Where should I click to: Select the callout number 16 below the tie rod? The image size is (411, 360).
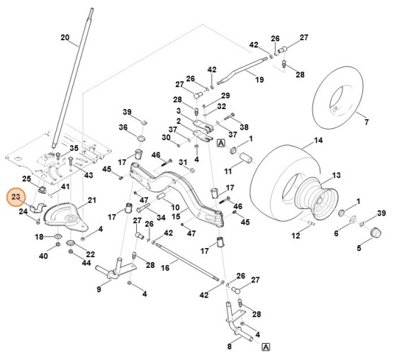tap(164, 269)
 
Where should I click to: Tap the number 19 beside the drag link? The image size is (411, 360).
tap(259, 79)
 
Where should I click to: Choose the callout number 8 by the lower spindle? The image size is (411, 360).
tap(229, 347)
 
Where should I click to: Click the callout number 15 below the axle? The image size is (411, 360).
tap(176, 217)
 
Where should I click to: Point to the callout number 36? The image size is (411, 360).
tap(123, 128)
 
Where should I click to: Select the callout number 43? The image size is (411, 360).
tap(88, 174)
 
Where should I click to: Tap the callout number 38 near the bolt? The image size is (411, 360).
tap(244, 128)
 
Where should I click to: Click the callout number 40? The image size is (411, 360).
tap(43, 255)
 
